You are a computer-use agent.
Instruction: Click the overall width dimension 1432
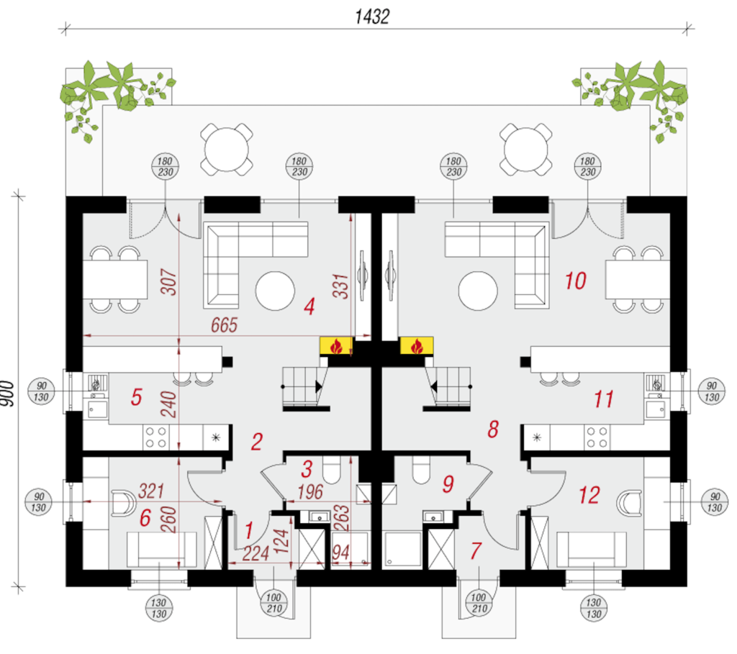(x=372, y=17)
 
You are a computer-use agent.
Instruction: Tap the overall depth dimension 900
(x=8, y=394)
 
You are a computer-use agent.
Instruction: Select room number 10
(x=575, y=281)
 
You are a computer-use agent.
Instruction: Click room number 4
(x=309, y=306)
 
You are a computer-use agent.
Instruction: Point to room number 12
(x=589, y=495)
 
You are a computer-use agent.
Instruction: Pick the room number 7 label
(x=476, y=550)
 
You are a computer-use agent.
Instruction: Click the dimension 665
(x=225, y=325)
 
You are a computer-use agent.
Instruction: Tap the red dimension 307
(x=168, y=281)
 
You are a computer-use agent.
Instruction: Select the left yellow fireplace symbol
(x=336, y=346)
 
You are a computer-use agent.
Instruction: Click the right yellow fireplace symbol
(x=417, y=346)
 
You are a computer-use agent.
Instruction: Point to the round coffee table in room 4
(x=275, y=291)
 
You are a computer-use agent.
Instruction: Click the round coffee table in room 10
(x=478, y=291)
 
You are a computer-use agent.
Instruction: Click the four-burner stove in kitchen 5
(x=156, y=437)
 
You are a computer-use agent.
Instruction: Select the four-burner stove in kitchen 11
(x=597, y=437)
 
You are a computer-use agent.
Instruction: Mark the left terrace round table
(x=227, y=150)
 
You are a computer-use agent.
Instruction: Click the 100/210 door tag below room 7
(x=479, y=603)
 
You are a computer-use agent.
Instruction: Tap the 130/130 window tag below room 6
(x=159, y=608)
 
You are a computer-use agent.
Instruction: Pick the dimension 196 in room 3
(x=310, y=492)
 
